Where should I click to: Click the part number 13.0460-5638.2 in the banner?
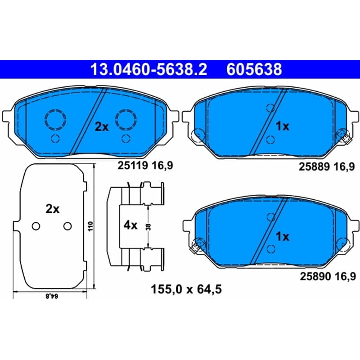point(149,69)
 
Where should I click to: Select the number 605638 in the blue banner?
point(254,69)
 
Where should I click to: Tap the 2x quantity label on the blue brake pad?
point(102,126)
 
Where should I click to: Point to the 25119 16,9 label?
point(145,165)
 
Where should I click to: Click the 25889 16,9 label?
point(327,166)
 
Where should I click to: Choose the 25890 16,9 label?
point(328,276)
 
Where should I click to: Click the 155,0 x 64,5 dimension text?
point(186,289)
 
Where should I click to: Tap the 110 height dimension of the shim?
point(90,226)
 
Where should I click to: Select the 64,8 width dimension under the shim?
point(52,296)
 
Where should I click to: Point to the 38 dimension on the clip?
point(148,227)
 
